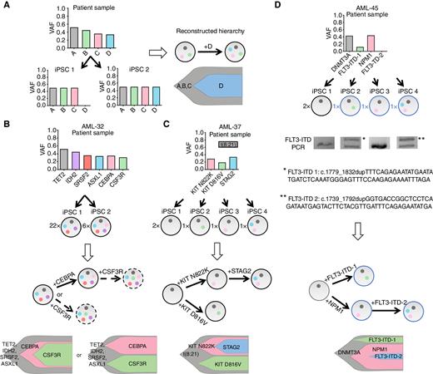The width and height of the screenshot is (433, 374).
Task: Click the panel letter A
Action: (6, 6)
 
